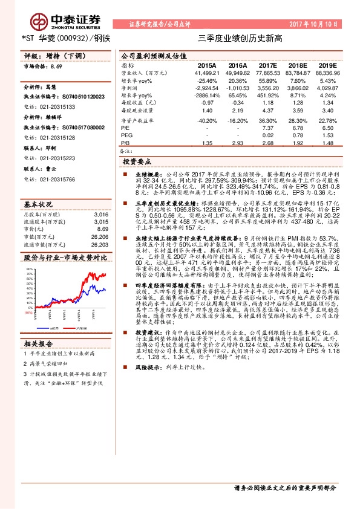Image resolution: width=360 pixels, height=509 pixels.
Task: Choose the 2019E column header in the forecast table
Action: [x=327, y=65]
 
